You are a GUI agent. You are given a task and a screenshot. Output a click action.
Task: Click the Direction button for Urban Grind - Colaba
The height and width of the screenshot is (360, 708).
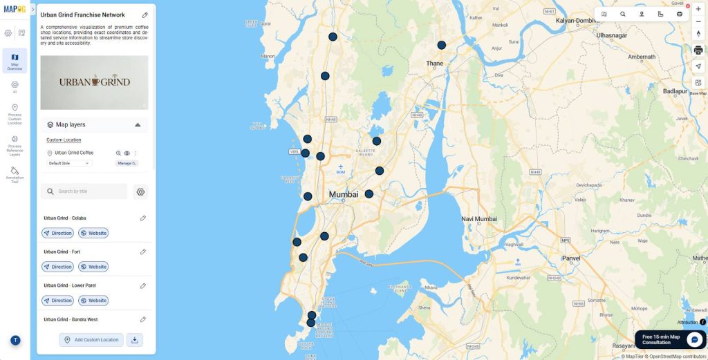coord(57,233)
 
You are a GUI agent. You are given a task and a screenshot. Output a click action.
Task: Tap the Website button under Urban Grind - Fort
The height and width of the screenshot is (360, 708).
coord(93,267)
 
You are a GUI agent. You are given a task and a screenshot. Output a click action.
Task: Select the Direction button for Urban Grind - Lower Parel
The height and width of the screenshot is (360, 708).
coord(57,301)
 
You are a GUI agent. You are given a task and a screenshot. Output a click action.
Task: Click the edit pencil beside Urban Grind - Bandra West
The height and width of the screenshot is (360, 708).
coord(143,319)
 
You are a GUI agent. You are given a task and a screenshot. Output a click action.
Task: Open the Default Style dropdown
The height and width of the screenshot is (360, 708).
coord(69,163)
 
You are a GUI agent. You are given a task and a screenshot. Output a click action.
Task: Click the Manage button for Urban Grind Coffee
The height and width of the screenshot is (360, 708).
coord(127,163)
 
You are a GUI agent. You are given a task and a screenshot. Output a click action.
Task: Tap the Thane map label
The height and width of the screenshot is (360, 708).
coord(435,63)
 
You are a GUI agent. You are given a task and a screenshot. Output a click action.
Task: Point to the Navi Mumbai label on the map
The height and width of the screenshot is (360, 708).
coord(479,219)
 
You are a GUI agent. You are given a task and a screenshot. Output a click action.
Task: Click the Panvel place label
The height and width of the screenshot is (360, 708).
coord(572,258)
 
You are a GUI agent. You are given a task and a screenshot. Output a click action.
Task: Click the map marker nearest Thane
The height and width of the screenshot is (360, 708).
coord(441,45)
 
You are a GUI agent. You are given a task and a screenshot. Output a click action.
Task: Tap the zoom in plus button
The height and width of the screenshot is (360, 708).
coord(698,9)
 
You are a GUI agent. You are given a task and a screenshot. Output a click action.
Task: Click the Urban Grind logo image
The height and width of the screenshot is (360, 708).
coord(94,82)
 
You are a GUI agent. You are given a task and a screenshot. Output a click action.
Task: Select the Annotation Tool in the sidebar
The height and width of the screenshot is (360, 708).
coord(15,173)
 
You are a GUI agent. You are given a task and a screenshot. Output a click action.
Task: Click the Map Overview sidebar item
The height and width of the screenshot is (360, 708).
coord(15,60)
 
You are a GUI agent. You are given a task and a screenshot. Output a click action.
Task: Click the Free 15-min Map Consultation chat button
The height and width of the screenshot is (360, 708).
coord(693,339)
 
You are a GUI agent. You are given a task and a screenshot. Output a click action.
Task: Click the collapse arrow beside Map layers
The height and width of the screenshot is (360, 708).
coord(138,125)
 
